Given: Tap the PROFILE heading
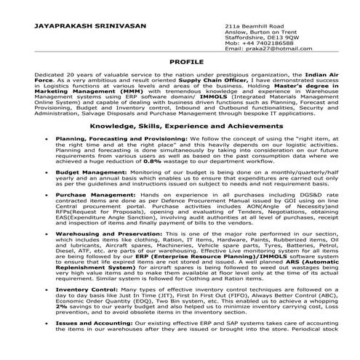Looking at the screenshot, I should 180,63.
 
